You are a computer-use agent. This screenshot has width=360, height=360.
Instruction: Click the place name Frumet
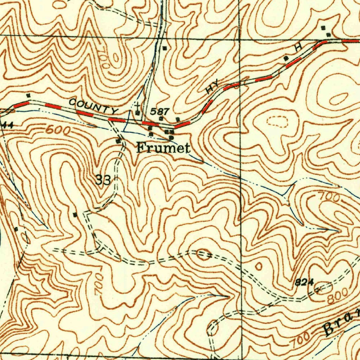163,148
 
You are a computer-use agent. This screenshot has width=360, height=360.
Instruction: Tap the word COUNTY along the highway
93,107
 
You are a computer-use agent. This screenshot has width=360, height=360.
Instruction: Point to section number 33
103,180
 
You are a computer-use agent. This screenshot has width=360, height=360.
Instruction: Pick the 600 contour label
58,130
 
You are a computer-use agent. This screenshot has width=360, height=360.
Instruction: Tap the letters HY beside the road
212,86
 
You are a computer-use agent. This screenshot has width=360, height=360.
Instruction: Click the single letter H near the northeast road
299,48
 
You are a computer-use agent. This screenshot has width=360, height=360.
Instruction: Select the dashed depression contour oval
278,122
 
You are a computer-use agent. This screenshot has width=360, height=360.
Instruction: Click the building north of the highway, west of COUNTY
28,95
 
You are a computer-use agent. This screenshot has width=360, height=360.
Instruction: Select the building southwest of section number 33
74,214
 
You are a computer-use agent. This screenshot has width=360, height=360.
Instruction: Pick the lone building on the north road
165,47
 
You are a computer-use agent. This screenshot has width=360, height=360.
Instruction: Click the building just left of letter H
286,58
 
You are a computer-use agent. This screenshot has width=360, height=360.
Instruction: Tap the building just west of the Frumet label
118,141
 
